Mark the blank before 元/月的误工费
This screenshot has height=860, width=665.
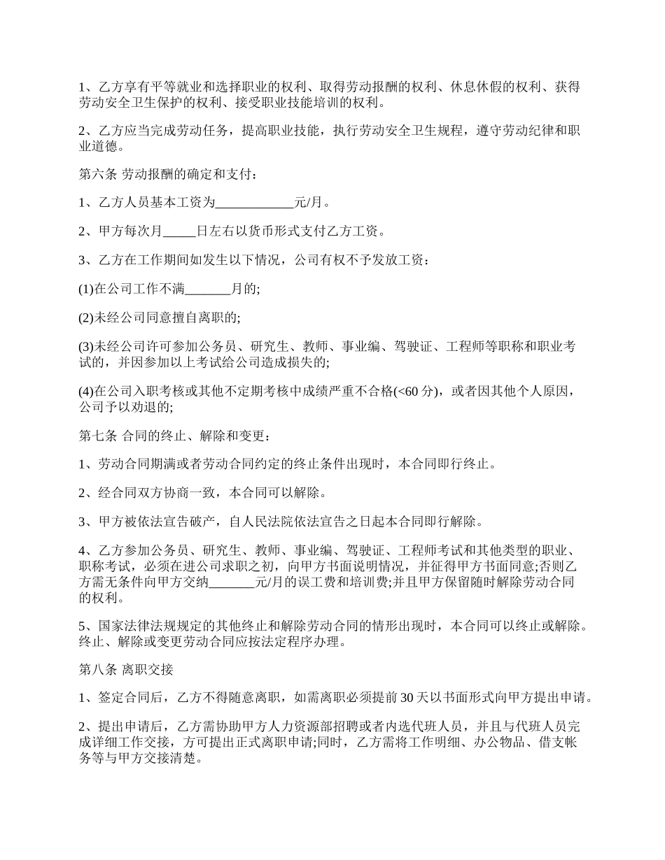pos(232,582)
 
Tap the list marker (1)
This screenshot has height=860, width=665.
pos(86,289)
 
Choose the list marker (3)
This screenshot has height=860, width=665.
pos(86,347)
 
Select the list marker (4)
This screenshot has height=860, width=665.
pos(86,391)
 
